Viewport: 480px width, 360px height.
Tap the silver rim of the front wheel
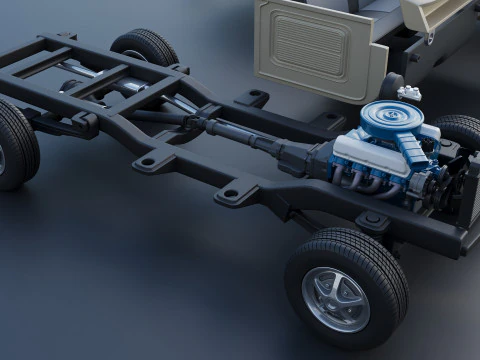tap(337, 299)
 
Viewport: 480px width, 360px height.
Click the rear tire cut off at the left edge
tap(14, 145)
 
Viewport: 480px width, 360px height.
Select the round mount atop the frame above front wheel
tap(373, 220)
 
